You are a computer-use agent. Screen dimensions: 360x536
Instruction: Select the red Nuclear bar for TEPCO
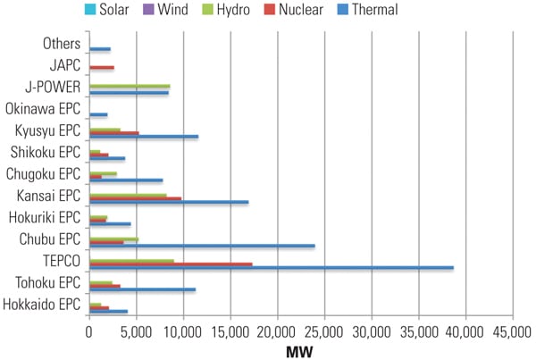click(171, 264)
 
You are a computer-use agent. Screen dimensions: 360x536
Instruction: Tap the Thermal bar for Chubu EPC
click(202, 246)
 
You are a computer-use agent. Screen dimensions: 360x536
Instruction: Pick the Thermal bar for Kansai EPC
click(169, 202)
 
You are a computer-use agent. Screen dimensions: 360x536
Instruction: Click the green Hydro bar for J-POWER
click(130, 87)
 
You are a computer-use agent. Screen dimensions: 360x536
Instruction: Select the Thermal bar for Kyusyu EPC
click(144, 137)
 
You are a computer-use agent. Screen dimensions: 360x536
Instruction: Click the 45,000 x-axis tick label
click(513, 333)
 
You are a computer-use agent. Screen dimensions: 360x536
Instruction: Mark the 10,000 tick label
click(183, 333)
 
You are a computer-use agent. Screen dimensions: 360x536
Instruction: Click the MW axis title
click(300, 351)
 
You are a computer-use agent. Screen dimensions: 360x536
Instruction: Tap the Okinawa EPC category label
click(43, 110)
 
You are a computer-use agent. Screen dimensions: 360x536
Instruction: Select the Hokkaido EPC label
click(41, 306)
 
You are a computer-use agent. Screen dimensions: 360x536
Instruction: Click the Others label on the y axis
click(62, 44)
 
